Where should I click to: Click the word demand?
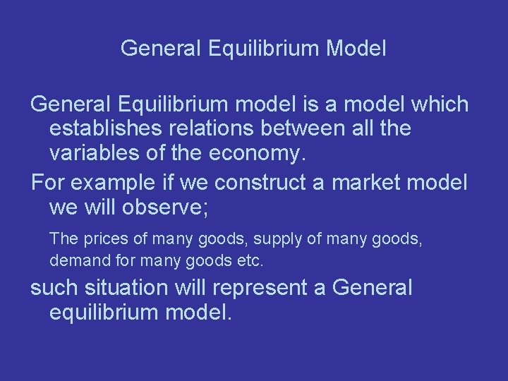pos(75,260)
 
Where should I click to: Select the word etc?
pos(250,260)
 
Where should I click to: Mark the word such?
pos(54,288)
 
